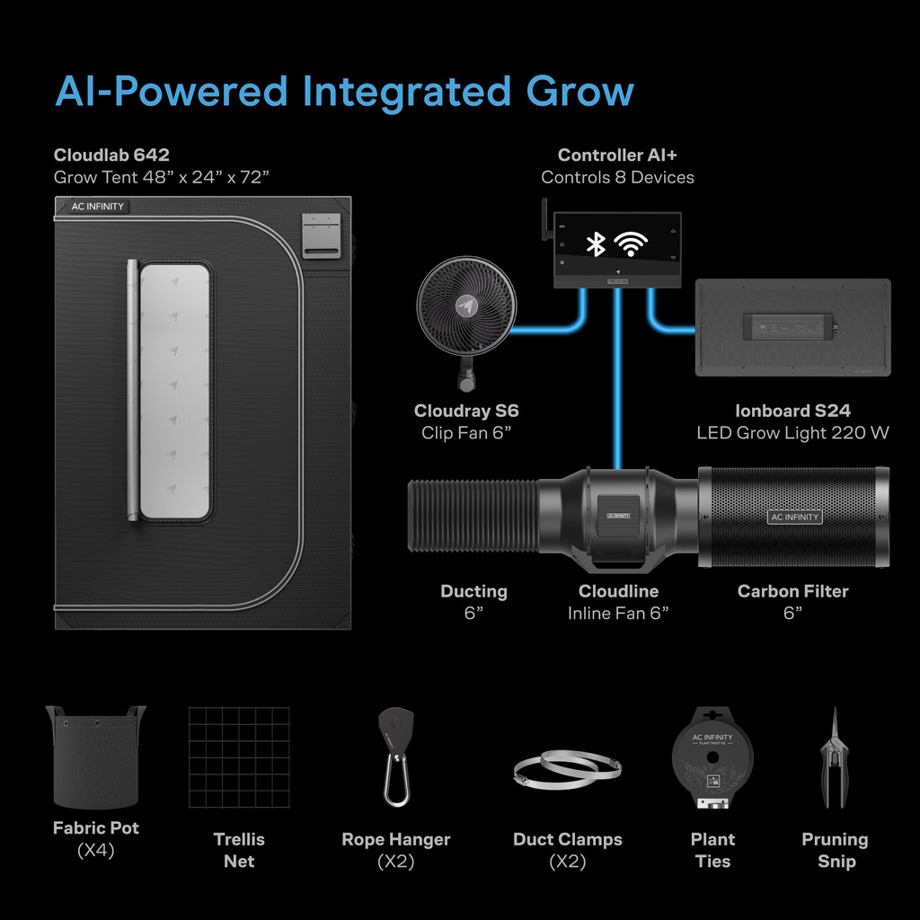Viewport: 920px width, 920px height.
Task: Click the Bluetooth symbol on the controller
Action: [x=595, y=243]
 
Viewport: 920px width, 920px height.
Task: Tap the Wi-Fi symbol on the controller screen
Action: [x=631, y=243]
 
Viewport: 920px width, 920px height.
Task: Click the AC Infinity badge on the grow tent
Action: [x=99, y=207]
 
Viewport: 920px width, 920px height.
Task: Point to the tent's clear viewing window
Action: [x=175, y=391]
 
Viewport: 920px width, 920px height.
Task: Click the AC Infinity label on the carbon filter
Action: [x=795, y=517]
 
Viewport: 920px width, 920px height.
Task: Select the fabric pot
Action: [x=95, y=756]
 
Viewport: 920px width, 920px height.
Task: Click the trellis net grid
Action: [x=239, y=756]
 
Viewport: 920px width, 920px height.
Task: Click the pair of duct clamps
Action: [x=567, y=771]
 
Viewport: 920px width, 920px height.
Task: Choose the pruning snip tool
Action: [x=835, y=759]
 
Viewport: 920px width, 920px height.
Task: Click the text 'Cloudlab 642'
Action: [x=111, y=155]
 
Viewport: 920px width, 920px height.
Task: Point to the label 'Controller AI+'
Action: [x=617, y=155]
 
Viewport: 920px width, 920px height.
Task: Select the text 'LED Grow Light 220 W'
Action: [x=792, y=433]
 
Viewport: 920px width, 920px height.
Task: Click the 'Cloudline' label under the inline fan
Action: [x=618, y=591]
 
